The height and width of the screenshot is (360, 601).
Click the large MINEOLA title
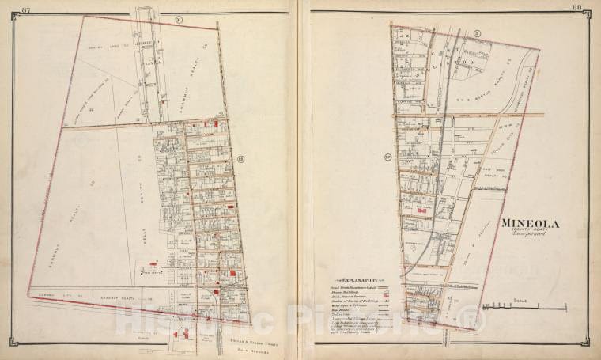coord(530,224)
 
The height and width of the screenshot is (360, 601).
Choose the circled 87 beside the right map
coord(387,156)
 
